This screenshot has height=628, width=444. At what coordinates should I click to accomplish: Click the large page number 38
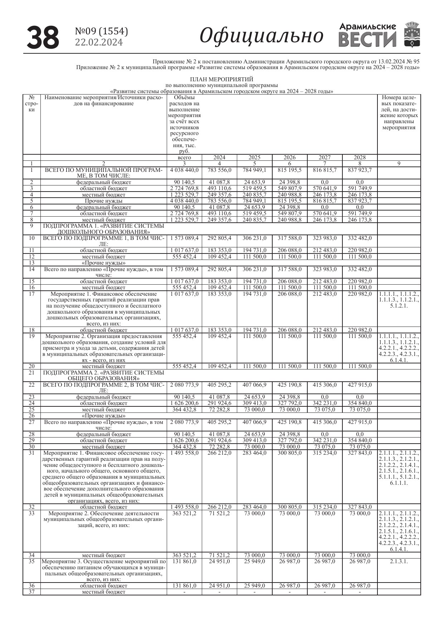pos(43,37)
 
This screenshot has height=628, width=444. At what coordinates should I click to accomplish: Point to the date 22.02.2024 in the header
pos(99,43)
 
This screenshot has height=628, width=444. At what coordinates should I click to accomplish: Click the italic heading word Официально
pos(261,36)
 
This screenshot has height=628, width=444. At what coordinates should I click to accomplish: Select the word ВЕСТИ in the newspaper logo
pos(367,39)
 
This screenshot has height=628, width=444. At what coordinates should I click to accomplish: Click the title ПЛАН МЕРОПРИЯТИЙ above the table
pos(221,79)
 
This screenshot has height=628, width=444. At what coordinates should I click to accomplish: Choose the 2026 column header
pos(290,158)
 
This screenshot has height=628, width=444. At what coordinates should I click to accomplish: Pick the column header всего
pos(184,158)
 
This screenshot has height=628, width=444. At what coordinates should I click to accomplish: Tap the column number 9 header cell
pos(399,164)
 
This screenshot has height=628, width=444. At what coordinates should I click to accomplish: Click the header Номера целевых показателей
pos(399,112)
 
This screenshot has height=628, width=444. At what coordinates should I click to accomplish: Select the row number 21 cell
pos(31,372)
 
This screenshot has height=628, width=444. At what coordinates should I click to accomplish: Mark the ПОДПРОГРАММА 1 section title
pos(103,229)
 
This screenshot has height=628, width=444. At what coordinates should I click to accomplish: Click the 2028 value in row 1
pos(360,170)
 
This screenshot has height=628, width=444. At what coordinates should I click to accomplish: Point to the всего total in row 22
pos(184,385)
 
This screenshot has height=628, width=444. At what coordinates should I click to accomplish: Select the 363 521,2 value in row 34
pos(184,555)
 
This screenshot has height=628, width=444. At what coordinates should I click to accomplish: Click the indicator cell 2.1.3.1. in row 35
pos(399,561)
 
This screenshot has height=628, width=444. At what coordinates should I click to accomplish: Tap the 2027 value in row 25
pos(325,410)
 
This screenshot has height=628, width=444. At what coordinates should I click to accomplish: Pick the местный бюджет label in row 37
pos(103,592)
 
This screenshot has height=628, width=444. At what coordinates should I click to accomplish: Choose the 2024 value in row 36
pos(219,586)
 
